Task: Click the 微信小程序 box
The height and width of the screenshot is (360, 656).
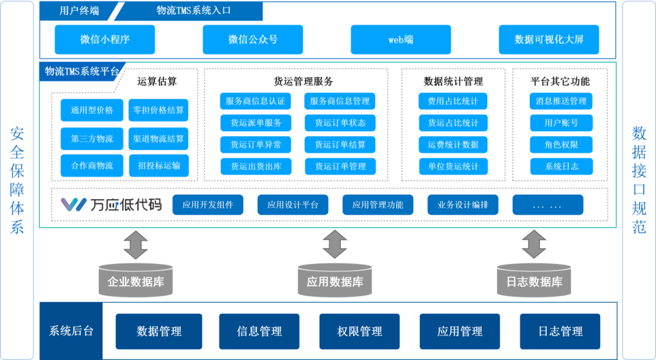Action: click(x=104, y=39)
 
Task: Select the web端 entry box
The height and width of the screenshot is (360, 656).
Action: click(x=401, y=39)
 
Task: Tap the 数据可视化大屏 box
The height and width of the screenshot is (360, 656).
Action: click(x=548, y=39)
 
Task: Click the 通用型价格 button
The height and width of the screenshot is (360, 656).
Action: click(x=92, y=110)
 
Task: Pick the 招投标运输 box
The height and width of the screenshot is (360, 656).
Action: click(x=159, y=166)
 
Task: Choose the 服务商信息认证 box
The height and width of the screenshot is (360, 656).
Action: click(x=255, y=101)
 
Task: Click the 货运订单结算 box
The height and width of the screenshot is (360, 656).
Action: click(x=340, y=144)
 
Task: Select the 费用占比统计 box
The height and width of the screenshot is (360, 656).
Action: click(x=453, y=101)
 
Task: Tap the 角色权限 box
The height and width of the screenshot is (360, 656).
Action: click(x=561, y=144)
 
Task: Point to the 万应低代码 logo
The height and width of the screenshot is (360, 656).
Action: click(x=111, y=205)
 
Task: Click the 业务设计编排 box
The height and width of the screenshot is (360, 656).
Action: click(x=463, y=205)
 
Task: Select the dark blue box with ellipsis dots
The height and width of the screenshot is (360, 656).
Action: click(x=547, y=205)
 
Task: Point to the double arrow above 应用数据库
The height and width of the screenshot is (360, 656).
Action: click(x=335, y=244)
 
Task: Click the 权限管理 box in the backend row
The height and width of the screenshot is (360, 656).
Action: click(x=360, y=331)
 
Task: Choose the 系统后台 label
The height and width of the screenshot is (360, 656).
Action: click(x=71, y=331)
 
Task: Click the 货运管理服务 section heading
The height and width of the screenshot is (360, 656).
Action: click(x=303, y=81)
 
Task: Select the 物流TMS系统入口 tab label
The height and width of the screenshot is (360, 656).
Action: click(x=193, y=11)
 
